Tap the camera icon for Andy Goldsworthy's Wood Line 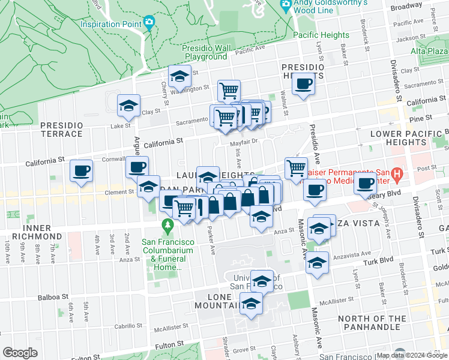tap(286, 5)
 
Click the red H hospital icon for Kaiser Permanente tap(396, 175)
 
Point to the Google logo tap(20, 353)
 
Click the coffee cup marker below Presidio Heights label tap(304, 85)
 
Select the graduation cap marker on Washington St tap(179, 76)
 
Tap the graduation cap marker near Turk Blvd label tap(317, 263)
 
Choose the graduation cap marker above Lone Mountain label tap(262, 281)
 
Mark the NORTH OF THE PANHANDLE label tap(369, 323)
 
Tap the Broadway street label tap(406, 6)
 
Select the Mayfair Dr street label tap(244, 142)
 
